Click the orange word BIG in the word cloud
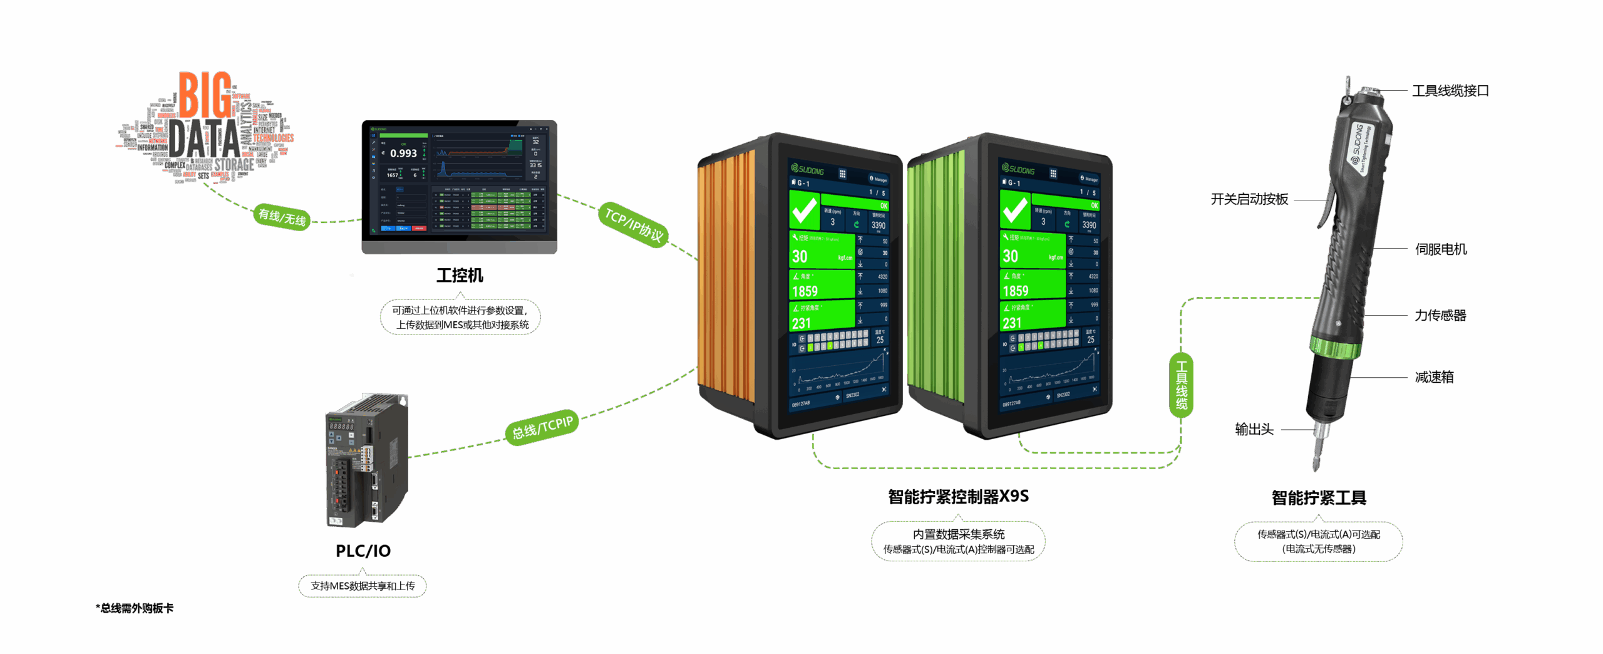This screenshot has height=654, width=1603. coord(205,95)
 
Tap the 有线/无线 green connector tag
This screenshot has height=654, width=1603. coord(282,217)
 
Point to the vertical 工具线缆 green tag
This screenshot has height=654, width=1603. coord(1181,385)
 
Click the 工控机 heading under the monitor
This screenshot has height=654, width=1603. coord(460,276)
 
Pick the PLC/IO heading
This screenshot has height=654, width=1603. coord(363,551)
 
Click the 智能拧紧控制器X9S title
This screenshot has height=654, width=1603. coord(958,497)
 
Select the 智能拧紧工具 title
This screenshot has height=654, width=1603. coord(1319,498)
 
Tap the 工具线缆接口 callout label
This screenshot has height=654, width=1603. coord(1450,91)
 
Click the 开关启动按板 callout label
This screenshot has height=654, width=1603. coord(1249,199)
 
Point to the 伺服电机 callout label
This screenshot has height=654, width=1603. coord(1441,249)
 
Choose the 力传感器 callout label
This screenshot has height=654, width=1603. coord(1440,315)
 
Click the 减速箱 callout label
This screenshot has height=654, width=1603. coord(1434,377)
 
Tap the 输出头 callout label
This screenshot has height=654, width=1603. coord(1254,429)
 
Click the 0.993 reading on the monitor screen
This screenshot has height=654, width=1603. coord(403,153)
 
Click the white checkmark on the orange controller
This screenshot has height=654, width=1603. coord(804,210)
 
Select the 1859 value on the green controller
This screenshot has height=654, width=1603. coord(1015,291)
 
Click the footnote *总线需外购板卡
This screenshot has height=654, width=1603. coord(135,608)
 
